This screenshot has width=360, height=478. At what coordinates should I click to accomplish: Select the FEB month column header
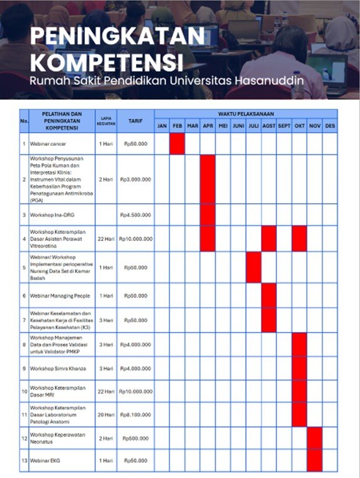tap(177, 126)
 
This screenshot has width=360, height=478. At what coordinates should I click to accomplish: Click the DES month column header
tap(330, 126)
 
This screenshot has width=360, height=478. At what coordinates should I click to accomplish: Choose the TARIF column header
tap(135, 120)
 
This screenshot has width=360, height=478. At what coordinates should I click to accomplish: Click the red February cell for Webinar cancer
tap(177, 144)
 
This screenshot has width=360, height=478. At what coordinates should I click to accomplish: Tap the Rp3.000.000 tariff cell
tap(135, 179)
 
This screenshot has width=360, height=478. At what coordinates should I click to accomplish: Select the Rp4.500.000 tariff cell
tap(135, 214)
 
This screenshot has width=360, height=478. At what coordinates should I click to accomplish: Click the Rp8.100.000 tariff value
tap(135, 415)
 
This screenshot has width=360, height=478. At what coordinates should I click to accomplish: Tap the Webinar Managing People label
tap(60, 295)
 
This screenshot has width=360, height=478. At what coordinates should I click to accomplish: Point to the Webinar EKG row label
tap(47, 461)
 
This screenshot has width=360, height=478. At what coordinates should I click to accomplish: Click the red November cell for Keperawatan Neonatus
tap(315, 438)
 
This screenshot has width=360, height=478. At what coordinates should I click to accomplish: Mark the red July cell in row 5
tap(254, 267)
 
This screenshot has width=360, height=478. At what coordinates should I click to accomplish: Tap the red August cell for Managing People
tap(269, 295)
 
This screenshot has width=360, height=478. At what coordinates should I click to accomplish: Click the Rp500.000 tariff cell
tap(135, 438)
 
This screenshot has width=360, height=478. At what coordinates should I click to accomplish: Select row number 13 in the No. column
tap(24, 461)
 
